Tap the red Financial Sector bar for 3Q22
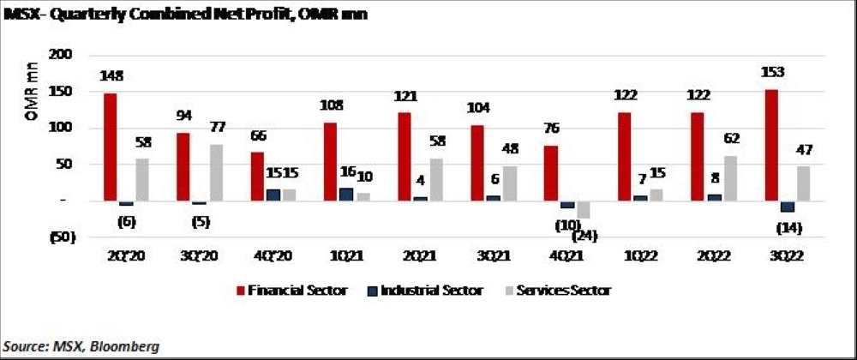coord(770,145)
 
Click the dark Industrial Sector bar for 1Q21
coord(345,195)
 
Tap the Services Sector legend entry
coord(561,291)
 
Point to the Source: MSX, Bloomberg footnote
coord(81,345)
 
